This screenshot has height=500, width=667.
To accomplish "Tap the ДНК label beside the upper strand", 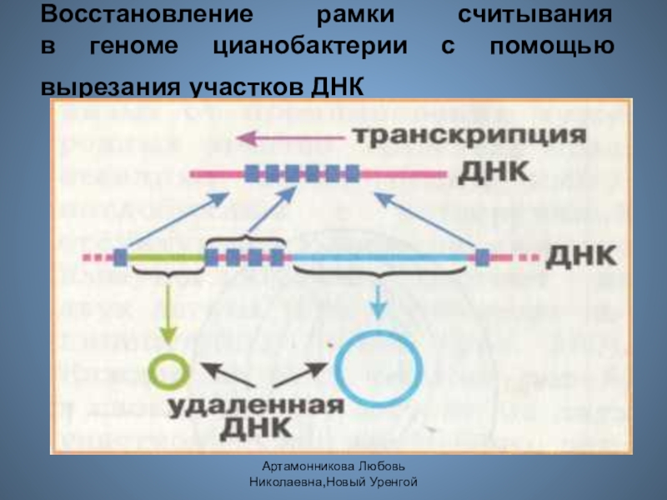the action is coord(492,173).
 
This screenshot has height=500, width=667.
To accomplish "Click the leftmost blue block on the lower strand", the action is coord(122,257).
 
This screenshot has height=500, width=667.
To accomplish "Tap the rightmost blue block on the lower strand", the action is coord(482,256).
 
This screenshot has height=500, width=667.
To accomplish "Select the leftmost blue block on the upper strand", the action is coord(252,174).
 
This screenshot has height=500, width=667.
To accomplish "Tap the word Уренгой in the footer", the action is coord(394,482).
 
